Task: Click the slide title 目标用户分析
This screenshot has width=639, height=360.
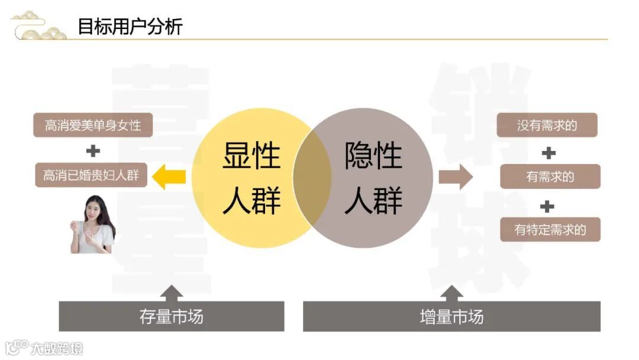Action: pyautogui.click(x=130, y=27)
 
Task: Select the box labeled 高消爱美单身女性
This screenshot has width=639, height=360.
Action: pyautogui.click(x=92, y=126)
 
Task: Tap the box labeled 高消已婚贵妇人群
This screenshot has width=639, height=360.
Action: pyautogui.click(x=91, y=175)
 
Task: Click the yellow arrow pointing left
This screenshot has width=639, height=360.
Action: pyautogui.click(x=169, y=176)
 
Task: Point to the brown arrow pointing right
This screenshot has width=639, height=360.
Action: pyautogui.click(x=456, y=176)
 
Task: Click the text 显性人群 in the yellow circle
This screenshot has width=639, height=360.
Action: pyautogui.click(x=251, y=178)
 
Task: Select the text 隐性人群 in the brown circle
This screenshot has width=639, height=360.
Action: pyautogui.click(x=373, y=178)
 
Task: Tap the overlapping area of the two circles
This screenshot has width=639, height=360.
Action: pyautogui.click(x=312, y=177)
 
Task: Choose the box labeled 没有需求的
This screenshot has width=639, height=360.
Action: pyautogui.click(x=547, y=125)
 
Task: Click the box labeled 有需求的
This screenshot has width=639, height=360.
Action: pyautogui.click(x=550, y=176)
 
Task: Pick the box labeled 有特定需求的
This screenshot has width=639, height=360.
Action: pyautogui.click(x=550, y=229)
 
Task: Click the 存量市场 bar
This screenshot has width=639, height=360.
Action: pyautogui.click(x=171, y=317)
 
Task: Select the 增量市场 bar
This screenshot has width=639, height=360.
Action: pyautogui.click(x=451, y=317)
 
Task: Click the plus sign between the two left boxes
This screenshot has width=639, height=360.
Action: pyautogui.click(x=93, y=151)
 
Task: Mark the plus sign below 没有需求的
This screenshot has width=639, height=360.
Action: pyautogui.click(x=548, y=153)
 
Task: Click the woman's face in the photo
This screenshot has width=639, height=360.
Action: pyautogui.click(x=94, y=208)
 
